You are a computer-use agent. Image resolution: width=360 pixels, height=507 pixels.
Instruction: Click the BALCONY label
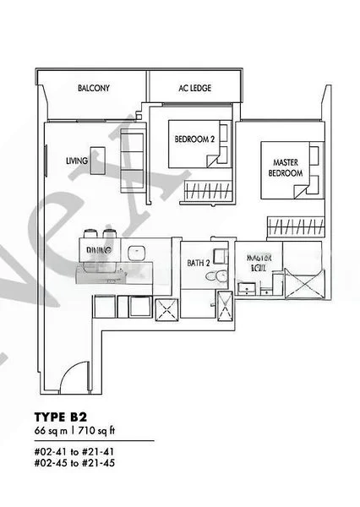[x=94, y=88]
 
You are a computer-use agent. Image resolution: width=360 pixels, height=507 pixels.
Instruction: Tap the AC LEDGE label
[x=194, y=88]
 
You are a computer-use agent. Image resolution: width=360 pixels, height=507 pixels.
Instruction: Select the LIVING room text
[x=77, y=160]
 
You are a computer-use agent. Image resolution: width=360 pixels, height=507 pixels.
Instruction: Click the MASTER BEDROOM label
[x=286, y=166]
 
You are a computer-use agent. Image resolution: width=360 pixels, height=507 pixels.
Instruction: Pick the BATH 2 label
[x=198, y=263]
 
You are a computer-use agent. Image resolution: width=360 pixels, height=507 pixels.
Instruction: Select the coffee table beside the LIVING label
[x=98, y=155]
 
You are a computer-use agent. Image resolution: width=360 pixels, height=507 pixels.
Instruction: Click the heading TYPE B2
[x=60, y=417]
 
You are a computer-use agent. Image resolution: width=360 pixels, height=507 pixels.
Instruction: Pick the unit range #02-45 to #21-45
[x=71, y=463]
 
